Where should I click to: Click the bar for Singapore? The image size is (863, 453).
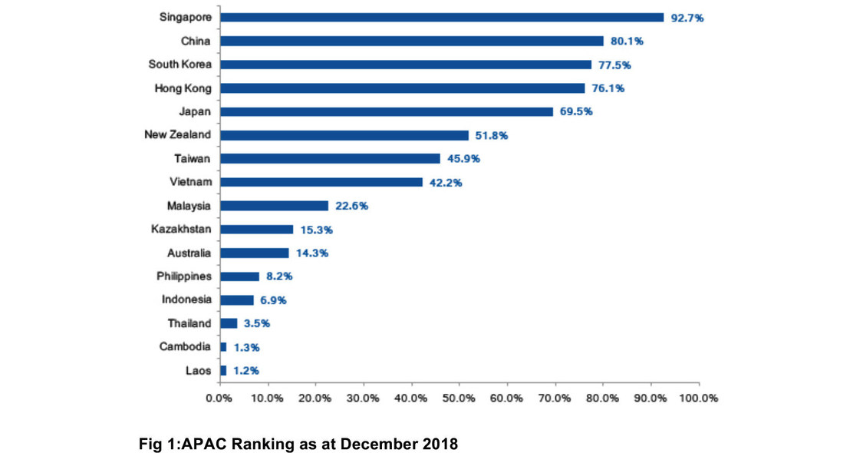pos(441,17)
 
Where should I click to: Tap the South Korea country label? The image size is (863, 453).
pos(180,64)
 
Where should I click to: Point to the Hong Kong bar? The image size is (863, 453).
pos(402,88)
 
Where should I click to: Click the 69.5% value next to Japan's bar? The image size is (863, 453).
pos(576,111)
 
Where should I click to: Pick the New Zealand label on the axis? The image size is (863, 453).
pos(178,135)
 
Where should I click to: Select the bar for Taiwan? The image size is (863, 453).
pos(330,159)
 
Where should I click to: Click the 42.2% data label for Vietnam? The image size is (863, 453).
pos(446,182)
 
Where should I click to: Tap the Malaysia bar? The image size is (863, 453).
pos(274,206)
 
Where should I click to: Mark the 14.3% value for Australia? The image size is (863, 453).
pos(312,253)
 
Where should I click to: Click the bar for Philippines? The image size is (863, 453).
pos(239,276)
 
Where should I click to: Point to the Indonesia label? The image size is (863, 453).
pos(186,299)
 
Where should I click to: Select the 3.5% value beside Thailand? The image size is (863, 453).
pos(257,323)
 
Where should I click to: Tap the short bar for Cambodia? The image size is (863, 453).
pos(223,347)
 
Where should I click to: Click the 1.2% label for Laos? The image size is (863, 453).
pos(246,371)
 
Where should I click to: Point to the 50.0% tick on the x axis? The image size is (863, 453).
pos(459,398)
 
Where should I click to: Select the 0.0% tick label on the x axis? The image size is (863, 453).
pos(219,398)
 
